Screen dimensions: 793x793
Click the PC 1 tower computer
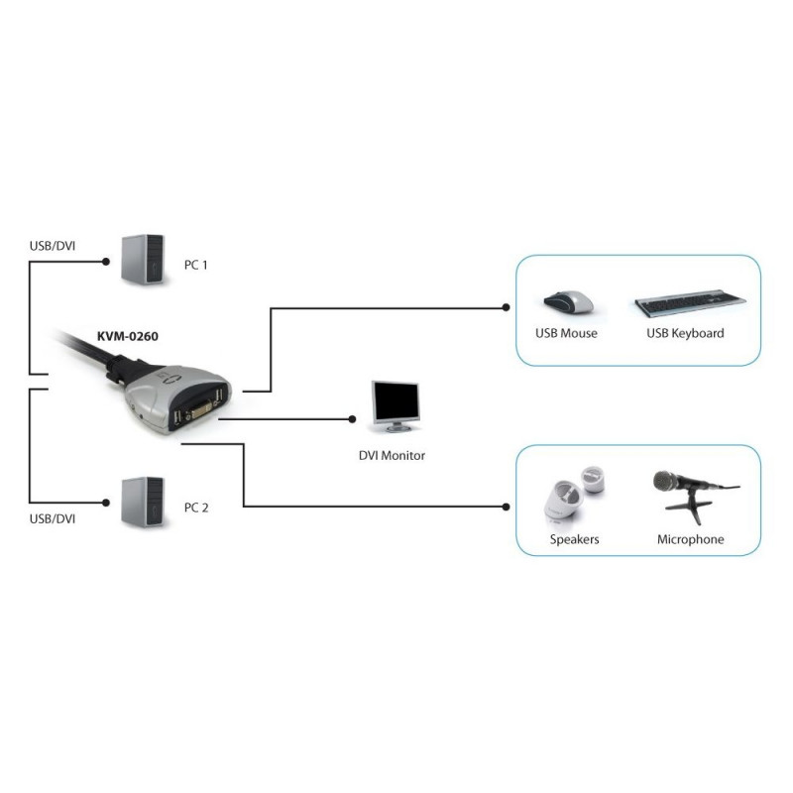(143, 259)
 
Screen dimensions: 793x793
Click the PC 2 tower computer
(143, 502)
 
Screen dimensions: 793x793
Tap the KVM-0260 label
(128, 336)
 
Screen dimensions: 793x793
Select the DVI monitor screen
(396, 402)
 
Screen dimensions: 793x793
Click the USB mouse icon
(568, 302)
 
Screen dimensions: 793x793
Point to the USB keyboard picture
(690, 303)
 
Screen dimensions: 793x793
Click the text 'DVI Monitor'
(392, 456)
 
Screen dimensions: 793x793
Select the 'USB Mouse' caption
(566, 333)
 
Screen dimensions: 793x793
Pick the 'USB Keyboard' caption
(685, 333)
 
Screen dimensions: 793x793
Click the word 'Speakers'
(575, 539)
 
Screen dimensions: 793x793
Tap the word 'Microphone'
(690, 539)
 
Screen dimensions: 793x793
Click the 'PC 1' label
(196, 265)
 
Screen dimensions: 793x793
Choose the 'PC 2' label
(196, 508)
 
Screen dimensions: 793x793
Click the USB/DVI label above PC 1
(53, 246)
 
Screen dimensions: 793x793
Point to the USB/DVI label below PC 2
(53, 518)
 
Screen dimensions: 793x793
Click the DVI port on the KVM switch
(200, 409)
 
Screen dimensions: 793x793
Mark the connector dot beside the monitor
(352, 419)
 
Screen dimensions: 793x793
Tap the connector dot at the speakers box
(506, 507)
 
